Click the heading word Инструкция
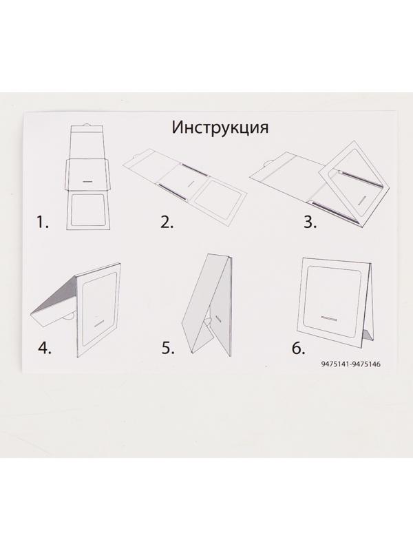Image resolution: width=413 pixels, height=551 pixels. (x=220, y=128)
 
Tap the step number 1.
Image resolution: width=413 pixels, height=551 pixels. (x=44, y=222)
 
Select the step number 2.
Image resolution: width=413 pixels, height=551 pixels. (x=166, y=222)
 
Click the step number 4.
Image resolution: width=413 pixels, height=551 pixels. (x=44, y=347)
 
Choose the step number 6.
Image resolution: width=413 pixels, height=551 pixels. (x=297, y=347)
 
